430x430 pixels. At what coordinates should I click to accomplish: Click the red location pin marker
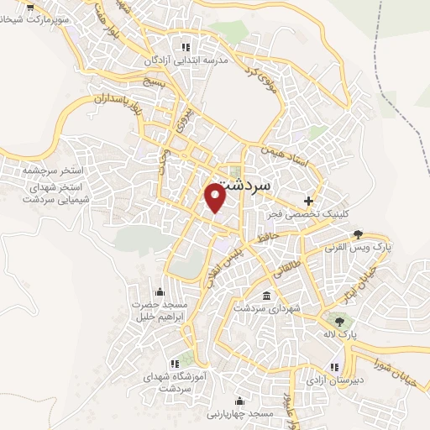coord(215,197)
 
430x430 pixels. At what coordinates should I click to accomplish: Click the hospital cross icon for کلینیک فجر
coord(308,201)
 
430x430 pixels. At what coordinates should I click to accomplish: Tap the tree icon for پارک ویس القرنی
coord(359,234)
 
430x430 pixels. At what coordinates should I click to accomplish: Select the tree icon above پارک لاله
coord(338,320)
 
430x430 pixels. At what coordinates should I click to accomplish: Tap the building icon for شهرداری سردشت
coord(267,297)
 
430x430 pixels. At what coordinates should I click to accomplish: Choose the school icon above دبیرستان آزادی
coord(334,366)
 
